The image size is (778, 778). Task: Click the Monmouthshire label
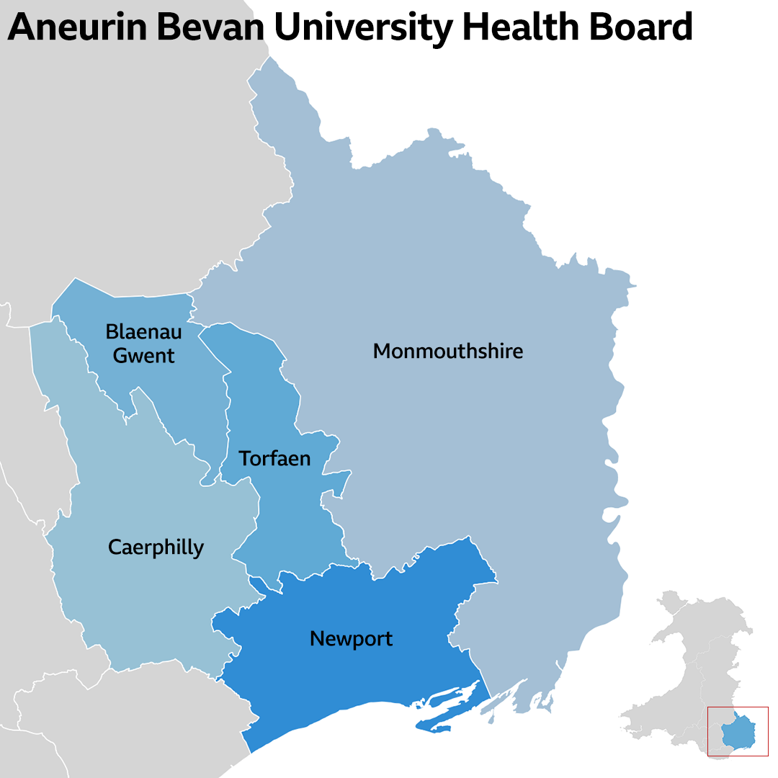pyautogui.click(x=447, y=352)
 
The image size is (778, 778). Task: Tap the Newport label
pyautogui.click(x=351, y=638)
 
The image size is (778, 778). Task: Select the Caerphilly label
pyautogui.click(x=156, y=547)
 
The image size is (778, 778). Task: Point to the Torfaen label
pyautogui.click(x=274, y=458)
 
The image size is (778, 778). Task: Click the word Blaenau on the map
pyautogui.click(x=143, y=332)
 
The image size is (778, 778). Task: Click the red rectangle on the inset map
pyautogui.click(x=738, y=707)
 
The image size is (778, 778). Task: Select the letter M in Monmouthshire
pyautogui.click(x=382, y=352)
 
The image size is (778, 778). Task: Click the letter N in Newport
pyautogui.click(x=316, y=638)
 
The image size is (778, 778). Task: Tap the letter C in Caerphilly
pyautogui.click(x=115, y=547)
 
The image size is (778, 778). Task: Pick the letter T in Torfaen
pyautogui.click(x=245, y=458)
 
